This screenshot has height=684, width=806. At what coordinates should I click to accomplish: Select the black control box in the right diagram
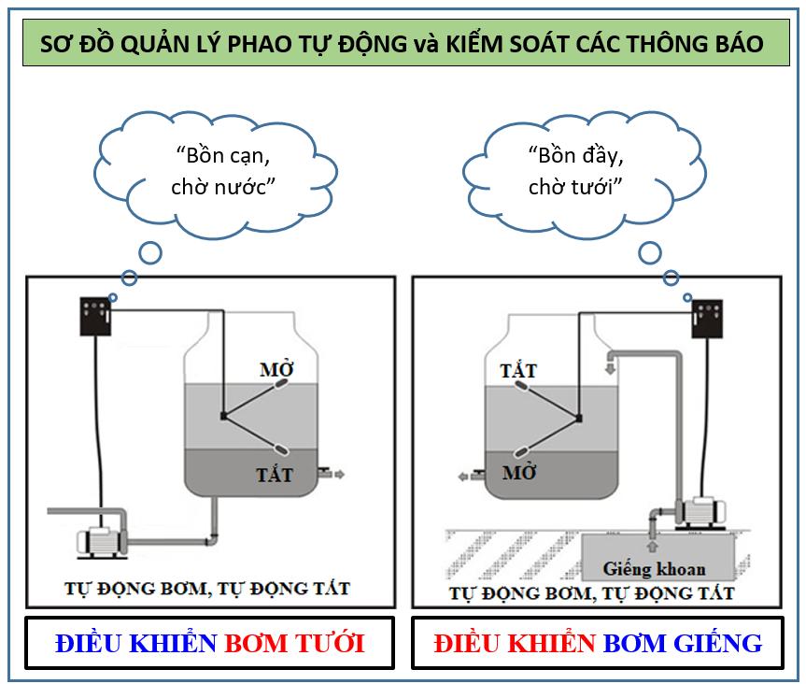click(x=708, y=314)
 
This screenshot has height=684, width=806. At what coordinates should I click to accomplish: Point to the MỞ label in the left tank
click(x=276, y=368)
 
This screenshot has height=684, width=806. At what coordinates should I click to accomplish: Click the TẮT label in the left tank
click(x=275, y=474)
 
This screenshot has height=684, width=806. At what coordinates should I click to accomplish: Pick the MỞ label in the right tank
click(x=519, y=473)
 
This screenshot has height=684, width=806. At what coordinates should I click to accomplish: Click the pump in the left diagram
click(x=101, y=539)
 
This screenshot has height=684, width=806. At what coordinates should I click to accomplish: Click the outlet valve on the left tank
click(x=323, y=474)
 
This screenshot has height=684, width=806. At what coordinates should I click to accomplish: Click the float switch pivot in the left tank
click(x=222, y=415)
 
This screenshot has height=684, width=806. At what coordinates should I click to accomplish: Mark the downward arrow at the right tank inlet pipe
click(x=611, y=368)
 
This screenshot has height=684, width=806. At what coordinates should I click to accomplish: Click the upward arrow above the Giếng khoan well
click(x=652, y=544)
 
